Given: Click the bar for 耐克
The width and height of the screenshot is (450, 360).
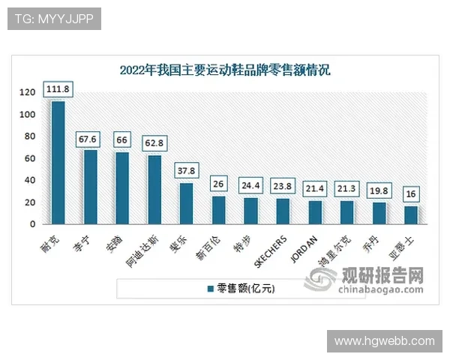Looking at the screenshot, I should coord(58,162).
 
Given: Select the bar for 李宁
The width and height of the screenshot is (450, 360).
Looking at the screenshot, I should coord(90,187).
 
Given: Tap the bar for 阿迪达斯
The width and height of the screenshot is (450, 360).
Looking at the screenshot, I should coord(154,189).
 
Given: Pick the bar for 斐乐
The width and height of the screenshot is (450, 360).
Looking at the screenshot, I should coord(186,203).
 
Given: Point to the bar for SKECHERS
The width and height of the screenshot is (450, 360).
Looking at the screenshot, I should coord(283,211).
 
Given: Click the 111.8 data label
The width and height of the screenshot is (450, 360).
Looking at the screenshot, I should coord(58,89).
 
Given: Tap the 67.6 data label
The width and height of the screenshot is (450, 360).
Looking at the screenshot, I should coord(90,139).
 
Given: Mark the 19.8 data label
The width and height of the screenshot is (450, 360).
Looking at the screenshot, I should coord(379,191).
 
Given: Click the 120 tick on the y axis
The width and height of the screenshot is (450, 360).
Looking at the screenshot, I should coord(28,92).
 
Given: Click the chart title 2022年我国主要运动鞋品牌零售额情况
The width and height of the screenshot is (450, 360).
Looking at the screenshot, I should coord(225,70).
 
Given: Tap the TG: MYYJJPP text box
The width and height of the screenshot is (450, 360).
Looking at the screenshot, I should coord(53,19).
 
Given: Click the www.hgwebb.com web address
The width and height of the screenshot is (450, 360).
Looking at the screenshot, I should coord(384,341).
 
